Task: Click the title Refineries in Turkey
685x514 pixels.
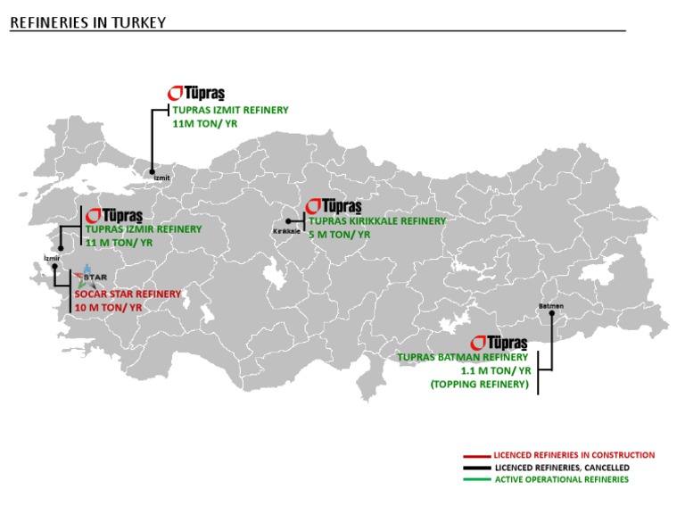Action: point(87,23)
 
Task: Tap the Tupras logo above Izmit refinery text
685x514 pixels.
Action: point(197,94)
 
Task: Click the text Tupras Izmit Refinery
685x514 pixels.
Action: point(230,110)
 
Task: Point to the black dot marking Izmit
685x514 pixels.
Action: point(153,170)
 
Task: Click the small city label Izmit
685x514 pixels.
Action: point(161,178)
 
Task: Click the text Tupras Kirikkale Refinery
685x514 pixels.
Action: point(377,220)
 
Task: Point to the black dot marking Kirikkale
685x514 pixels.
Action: point(289,220)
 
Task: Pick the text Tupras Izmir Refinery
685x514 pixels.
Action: point(144,229)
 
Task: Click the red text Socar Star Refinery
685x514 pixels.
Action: point(128,294)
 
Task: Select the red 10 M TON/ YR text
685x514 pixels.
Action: point(108,307)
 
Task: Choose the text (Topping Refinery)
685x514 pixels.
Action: point(480,384)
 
